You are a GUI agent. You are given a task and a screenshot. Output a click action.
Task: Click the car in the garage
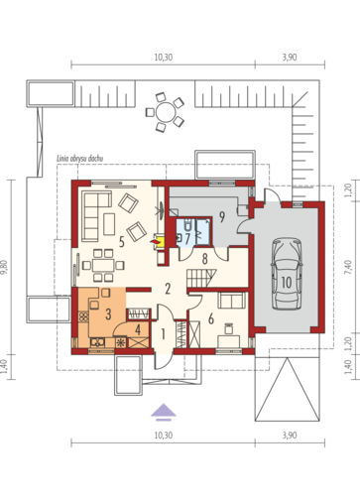pyautogui.click(x=287, y=274)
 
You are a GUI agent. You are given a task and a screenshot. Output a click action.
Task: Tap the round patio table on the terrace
pyautogui.click(x=166, y=112)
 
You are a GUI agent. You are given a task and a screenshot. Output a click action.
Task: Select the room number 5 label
pyautogui.click(x=122, y=242)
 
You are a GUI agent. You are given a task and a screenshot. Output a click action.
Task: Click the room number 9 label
pyautogui.click(x=222, y=217)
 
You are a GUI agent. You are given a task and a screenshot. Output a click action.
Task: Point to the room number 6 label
pyautogui.click(x=211, y=319)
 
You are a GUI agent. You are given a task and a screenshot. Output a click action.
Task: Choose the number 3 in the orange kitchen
pyautogui.click(x=108, y=314)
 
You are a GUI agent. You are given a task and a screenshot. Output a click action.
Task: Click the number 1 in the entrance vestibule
pyautogui.click(x=163, y=334)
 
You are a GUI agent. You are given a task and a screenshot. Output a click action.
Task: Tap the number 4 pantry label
pyautogui.click(x=138, y=330)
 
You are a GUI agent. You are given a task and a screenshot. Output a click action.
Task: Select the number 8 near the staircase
pyautogui.click(x=205, y=259)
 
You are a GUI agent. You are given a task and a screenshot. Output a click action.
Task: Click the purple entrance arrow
pyautogui.click(x=164, y=412)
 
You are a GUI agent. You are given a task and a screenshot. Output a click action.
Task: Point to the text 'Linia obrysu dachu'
pyautogui.click(x=79, y=159)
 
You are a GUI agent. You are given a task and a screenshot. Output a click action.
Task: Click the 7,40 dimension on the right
pyautogui.click(x=347, y=267)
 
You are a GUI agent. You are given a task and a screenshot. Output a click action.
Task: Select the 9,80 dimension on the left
pyautogui.click(x=4, y=267)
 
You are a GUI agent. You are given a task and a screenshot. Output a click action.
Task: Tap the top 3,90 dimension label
pyautogui.click(x=290, y=58)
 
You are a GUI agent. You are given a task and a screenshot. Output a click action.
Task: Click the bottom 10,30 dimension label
pyautogui.click(x=164, y=436)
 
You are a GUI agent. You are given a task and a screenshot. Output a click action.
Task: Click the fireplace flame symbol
pyautogui.click(x=155, y=242)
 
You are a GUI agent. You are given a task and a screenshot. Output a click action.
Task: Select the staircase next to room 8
pyautogui.click(x=201, y=278)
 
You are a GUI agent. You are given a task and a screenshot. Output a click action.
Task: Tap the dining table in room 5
pyautogui.click(x=103, y=265)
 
